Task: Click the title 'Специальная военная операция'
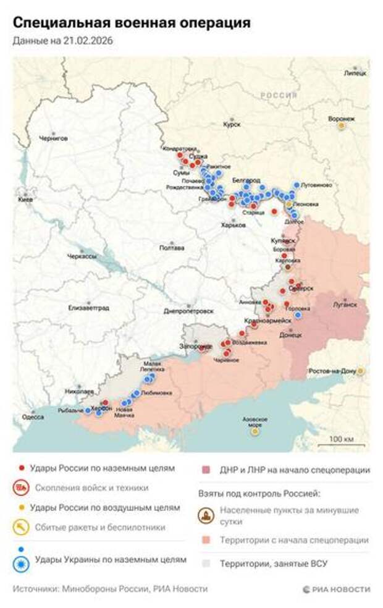pos(132,23)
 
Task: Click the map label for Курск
pos(232,124)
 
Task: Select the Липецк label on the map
pos(355,73)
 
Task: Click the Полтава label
pos(171,248)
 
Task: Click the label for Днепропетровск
pos(189,311)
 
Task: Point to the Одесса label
pos(33,417)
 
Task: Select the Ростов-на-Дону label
pos(332,371)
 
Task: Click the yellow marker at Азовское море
pos(255,431)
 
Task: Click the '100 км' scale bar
pos(340,441)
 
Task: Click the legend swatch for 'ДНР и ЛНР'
pos(206,470)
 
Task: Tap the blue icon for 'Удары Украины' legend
pos(22,559)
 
